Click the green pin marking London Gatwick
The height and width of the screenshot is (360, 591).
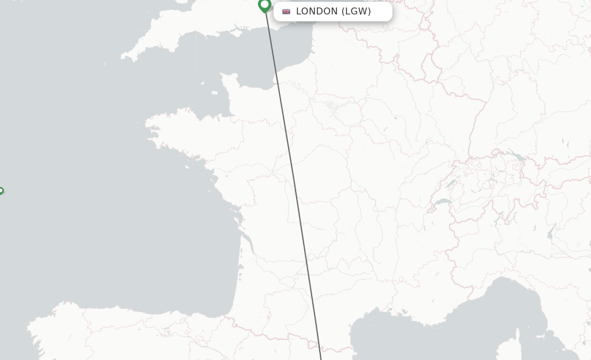pyautogui.click(x=265, y=5)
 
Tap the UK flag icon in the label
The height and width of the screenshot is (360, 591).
pyautogui.click(x=286, y=12)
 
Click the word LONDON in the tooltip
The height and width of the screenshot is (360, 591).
pyautogui.click(x=316, y=12)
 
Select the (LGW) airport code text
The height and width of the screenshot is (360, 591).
pyautogui.click(x=356, y=12)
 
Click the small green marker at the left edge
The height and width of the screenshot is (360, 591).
pyautogui.click(x=1, y=191)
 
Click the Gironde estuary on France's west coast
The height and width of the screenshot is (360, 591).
pyautogui.click(x=249, y=242)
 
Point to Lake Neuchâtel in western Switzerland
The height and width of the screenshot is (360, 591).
pyautogui.click(x=450, y=183)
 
